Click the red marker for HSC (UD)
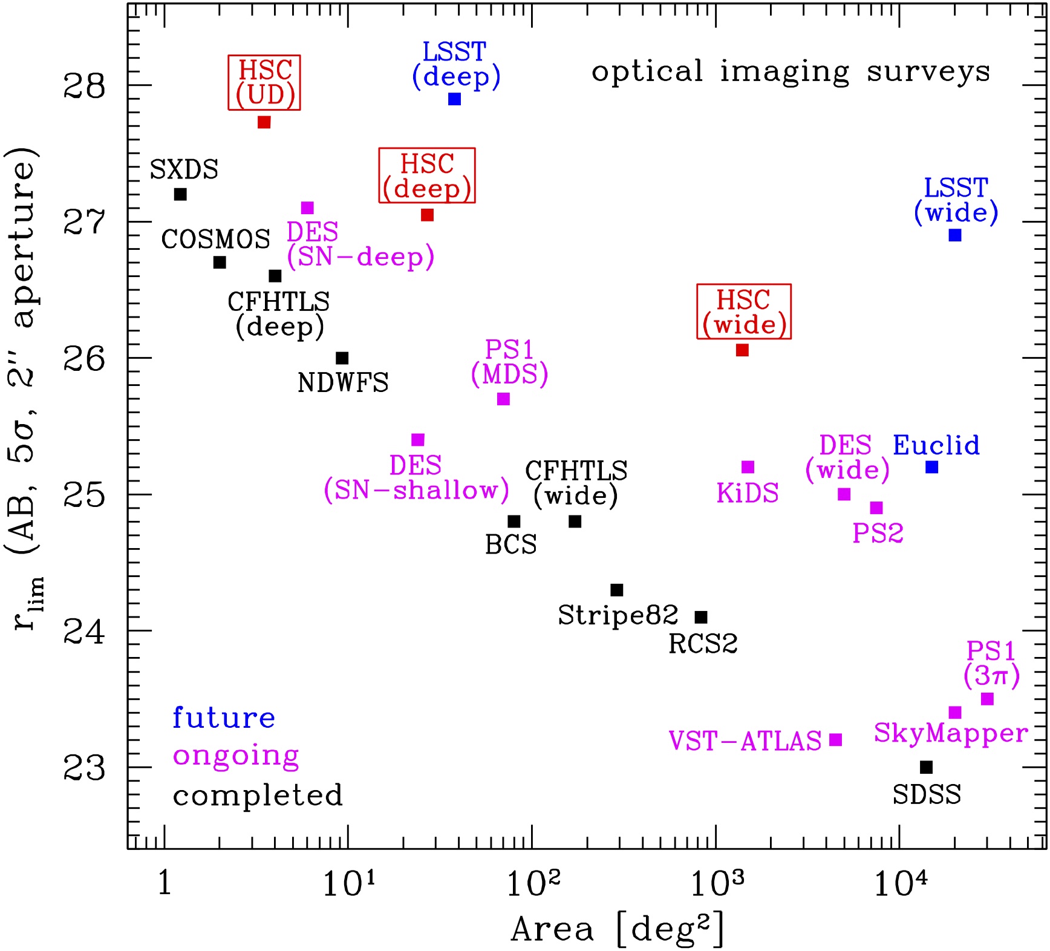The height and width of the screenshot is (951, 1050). [x=264, y=122]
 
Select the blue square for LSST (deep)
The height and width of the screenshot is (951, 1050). [x=454, y=99]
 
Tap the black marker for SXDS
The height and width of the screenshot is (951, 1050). [x=180, y=194]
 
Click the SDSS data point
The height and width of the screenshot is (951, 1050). [x=926, y=767]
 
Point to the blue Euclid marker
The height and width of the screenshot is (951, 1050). [x=931, y=467]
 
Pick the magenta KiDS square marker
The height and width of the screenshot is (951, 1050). [x=748, y=467]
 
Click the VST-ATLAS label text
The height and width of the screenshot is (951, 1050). [x=745, y=741]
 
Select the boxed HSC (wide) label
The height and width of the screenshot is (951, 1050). [x=744, y=312]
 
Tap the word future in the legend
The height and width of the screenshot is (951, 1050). [x=224, y=718]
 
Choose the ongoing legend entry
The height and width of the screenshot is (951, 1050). [x=236, y=756]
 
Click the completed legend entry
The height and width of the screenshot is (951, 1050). [x=258, y=796]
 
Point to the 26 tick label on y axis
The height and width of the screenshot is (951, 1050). [x=83, y=359]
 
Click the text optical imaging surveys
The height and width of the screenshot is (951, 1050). [x=791, y=71]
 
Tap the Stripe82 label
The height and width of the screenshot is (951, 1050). [x=618, y=615]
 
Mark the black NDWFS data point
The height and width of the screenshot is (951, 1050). [x=342, y=358]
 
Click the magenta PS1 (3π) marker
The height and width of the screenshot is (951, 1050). [x=987, y=699]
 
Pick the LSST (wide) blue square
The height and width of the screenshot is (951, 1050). [x=954, y=235]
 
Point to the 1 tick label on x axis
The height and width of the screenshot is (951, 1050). [x=164, y=884]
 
